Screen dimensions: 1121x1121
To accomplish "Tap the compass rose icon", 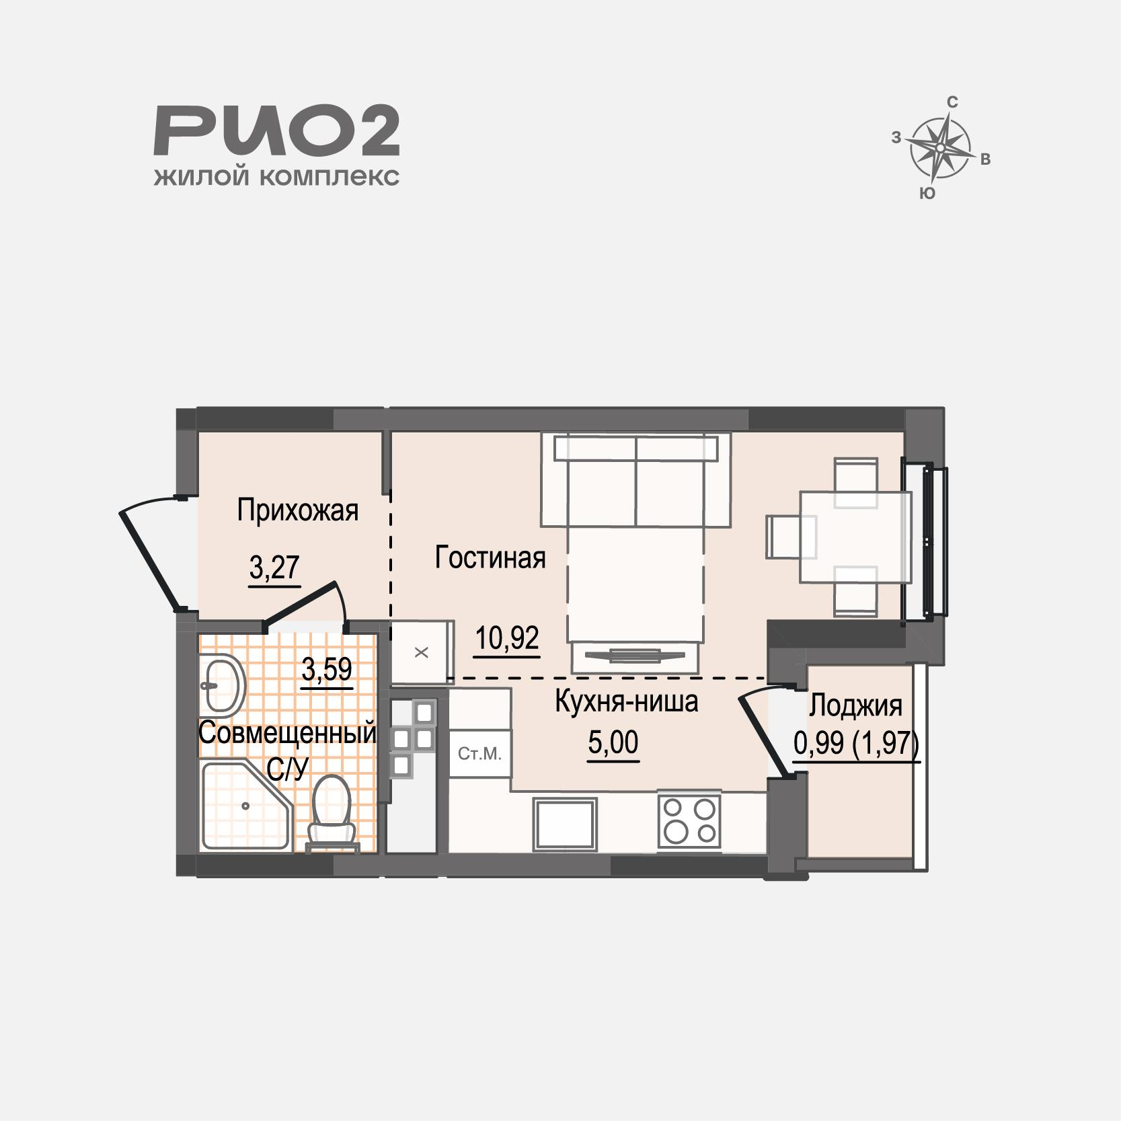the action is (941, 147).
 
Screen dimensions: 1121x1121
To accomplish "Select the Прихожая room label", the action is (297, 510).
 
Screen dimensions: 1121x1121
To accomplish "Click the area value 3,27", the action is (274, 568).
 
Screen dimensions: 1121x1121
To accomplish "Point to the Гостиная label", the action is (490, 557).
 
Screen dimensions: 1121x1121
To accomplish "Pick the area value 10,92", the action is (507, 638).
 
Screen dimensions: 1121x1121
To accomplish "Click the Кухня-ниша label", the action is (626, 701).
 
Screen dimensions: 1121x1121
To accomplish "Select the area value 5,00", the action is (613, 743).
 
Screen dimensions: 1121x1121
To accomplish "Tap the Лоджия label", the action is (855, 706).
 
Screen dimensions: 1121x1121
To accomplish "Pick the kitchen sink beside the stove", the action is (565, 824).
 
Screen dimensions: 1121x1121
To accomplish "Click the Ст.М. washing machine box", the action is (479, 754).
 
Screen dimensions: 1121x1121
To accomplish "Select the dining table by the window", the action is (855, 536).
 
